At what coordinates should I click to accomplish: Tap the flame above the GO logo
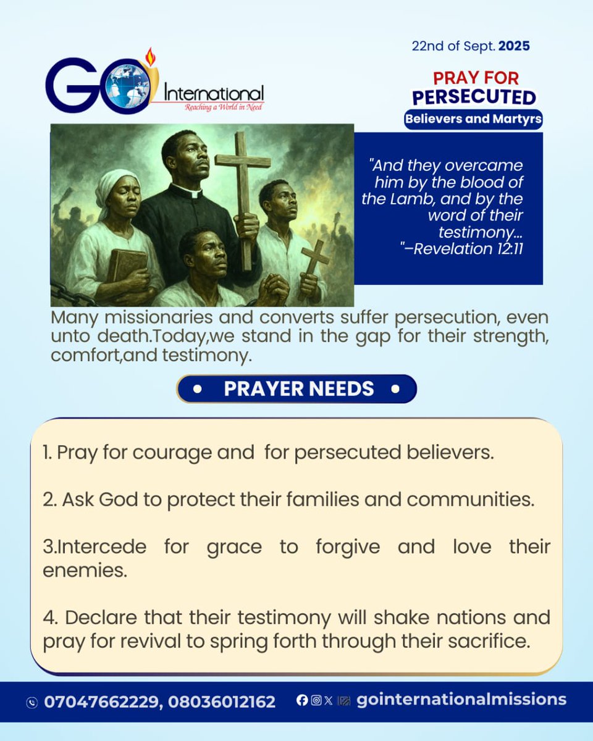[148, 57]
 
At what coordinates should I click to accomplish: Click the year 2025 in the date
[514, 46]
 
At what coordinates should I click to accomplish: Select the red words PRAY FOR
[476, 78]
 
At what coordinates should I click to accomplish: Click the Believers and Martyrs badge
[473, 119]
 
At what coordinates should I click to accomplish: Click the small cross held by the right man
[314, 266]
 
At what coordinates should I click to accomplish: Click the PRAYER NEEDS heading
[298, 389]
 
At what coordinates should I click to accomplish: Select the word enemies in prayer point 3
[85, 571]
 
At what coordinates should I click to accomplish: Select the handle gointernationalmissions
[461, 700]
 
